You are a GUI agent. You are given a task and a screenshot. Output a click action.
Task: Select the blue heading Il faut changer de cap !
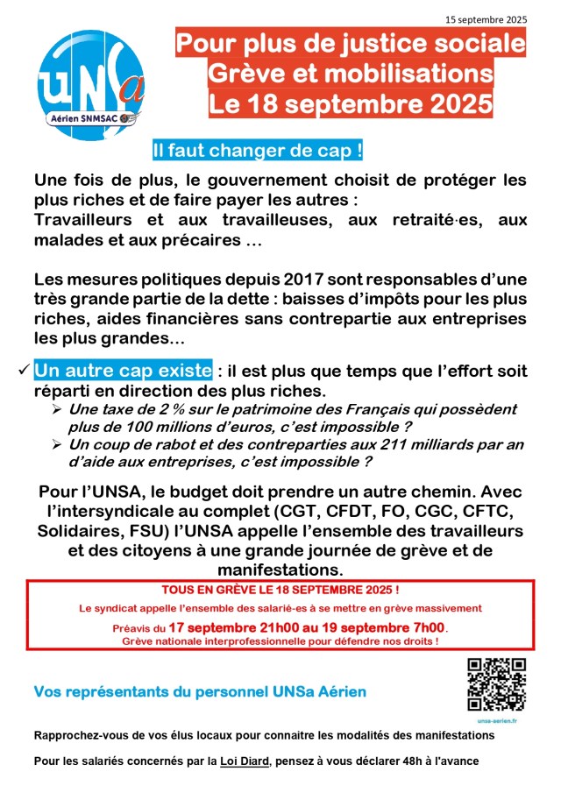(257, 151)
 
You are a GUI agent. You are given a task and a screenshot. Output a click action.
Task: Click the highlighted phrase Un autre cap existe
(123, 370)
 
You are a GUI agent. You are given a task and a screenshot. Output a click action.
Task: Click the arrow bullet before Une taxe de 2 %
(57, 410)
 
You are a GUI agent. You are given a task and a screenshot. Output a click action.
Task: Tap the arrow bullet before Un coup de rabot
(57, 444)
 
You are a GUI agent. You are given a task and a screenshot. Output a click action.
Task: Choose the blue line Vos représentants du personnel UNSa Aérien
(200, 692)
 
